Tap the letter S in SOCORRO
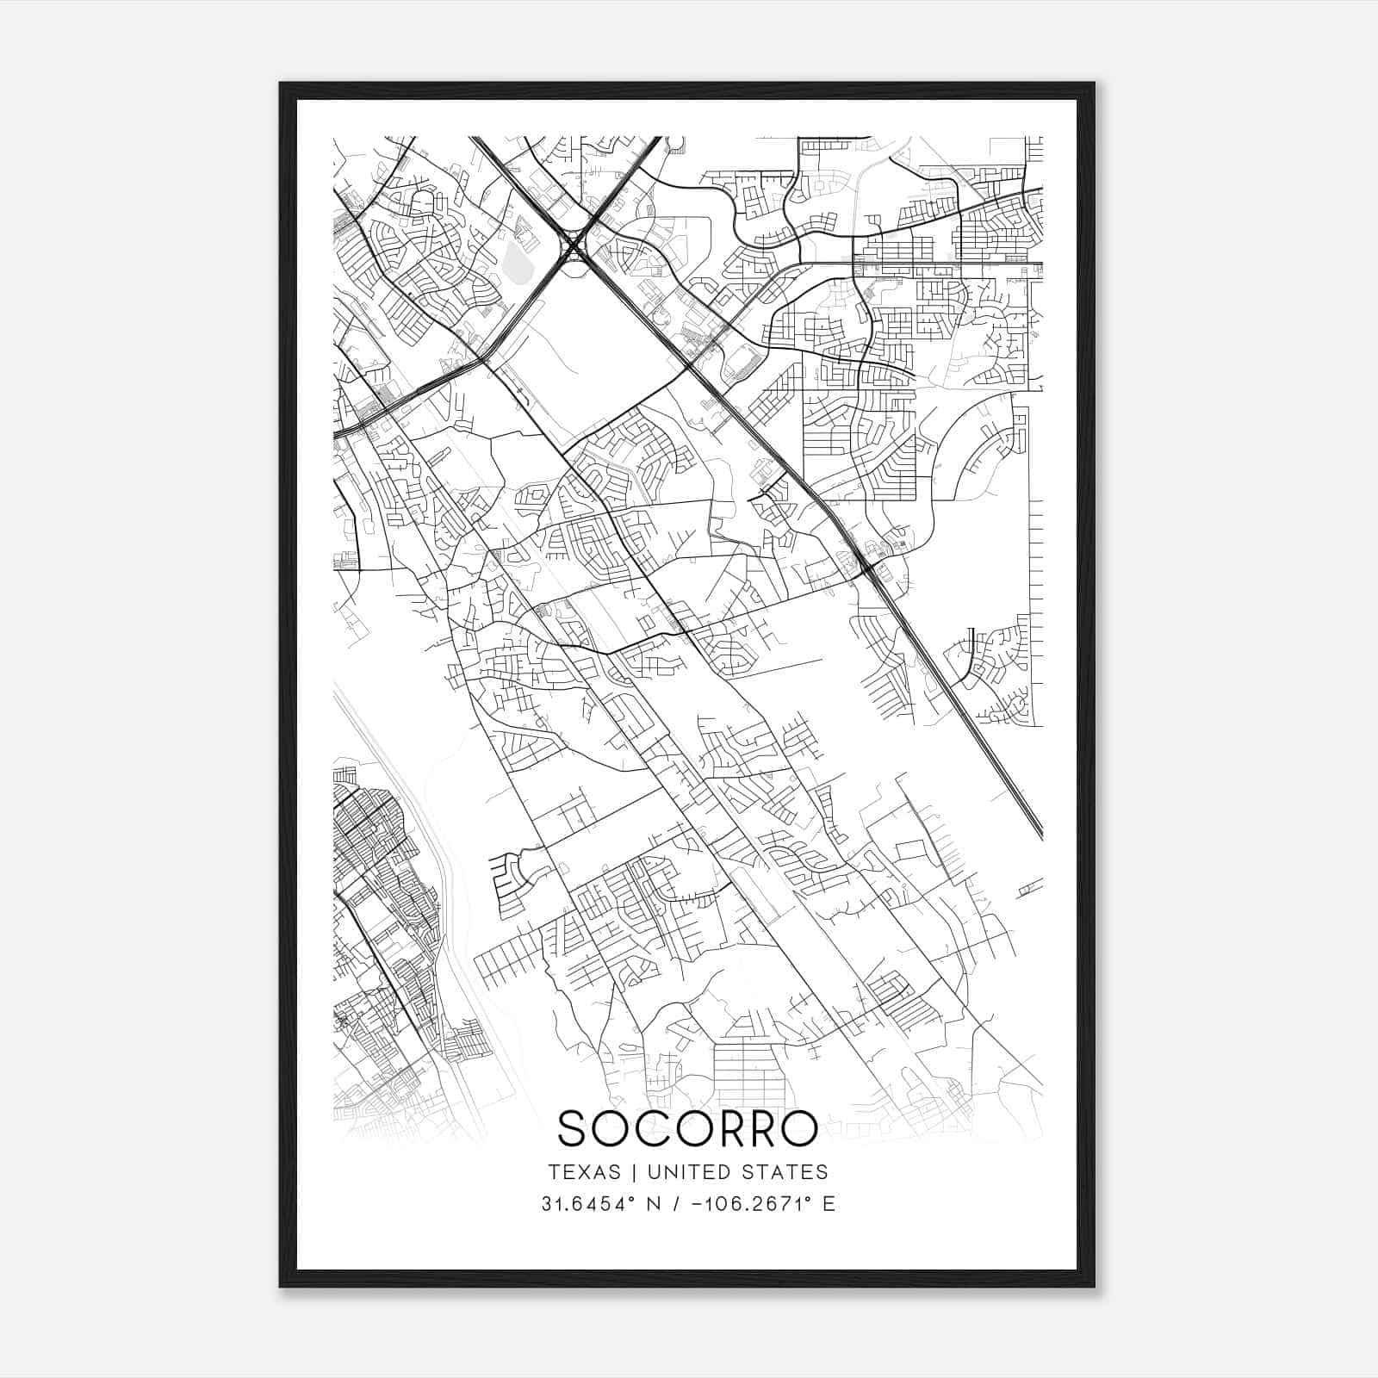(575, 1128)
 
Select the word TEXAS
(584, 1171)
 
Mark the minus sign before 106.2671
(696, 1203)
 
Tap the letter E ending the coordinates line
(829, 1203)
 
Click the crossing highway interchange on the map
(573, 246)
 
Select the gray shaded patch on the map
(516, 258)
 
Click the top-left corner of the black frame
(282, 84)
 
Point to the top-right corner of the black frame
(1093, 84)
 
